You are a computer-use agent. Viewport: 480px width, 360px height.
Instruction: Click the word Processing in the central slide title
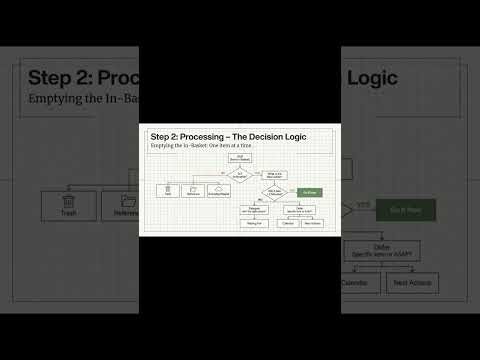click(210, 136)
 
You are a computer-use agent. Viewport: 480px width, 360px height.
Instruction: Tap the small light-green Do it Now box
click(310, 191)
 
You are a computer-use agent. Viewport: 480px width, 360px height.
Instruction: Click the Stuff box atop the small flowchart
click(240, 158)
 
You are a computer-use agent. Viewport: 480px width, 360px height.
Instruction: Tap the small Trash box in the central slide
click(167, 190)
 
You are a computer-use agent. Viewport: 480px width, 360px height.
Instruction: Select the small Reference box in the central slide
click(196, 190)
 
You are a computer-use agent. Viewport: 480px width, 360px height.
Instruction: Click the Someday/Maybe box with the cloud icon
click(226, 190)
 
